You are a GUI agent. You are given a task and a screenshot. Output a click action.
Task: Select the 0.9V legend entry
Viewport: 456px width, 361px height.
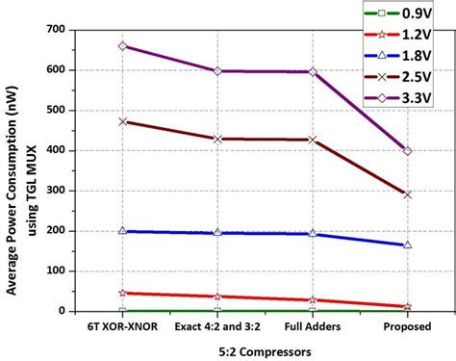click(404, 13)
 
